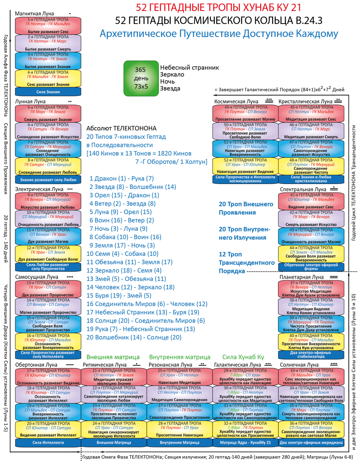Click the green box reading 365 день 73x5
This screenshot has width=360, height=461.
click(141, 78)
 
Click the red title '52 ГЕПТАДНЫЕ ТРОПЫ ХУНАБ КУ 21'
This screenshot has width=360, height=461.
click(218, 8)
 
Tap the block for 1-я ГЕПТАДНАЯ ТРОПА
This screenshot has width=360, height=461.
click(48, 26)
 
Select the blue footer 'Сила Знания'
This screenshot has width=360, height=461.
click(48, 92)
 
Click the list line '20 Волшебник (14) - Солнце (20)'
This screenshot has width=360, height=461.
click(134, 337)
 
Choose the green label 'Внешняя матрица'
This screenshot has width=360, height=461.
click(113, 357)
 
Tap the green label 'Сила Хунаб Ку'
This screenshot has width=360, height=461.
click(243, 357)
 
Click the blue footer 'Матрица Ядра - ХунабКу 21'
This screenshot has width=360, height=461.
click(245, 443)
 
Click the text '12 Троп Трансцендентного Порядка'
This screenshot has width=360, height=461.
click(246, 263)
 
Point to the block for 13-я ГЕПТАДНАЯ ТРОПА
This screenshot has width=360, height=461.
click(48, 289)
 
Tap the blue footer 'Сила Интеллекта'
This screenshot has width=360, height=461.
click(48, 443)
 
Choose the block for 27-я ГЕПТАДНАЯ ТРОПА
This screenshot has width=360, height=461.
click(180, 412)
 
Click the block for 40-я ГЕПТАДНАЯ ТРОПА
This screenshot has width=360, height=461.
click(311, 342)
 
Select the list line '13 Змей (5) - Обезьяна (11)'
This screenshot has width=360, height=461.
click(126, 279)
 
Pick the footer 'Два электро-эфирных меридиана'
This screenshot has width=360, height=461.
click(311, 443)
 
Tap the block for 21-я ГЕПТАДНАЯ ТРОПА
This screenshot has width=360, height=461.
click(114, 377)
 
